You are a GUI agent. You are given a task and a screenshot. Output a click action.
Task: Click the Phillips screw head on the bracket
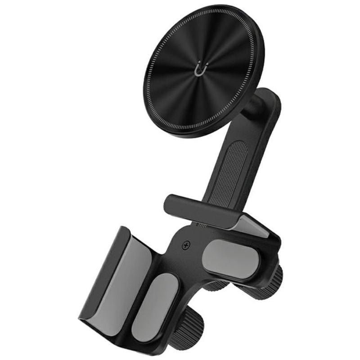coord(185,246)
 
